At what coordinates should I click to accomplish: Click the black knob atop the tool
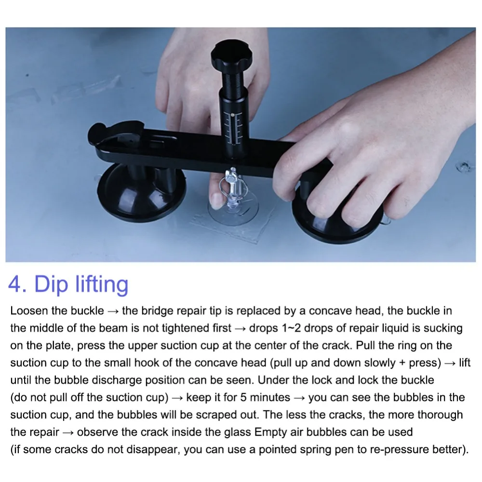[231, 56]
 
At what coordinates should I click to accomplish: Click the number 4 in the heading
[14, 284]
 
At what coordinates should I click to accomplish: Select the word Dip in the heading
[51, 284]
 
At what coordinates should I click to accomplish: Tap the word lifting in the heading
[102, 284]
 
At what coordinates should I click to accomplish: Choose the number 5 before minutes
[243, 398]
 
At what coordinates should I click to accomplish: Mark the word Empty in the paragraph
[270, 432]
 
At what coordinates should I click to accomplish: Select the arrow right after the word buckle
[113, 311]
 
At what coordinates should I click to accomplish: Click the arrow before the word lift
[450, 363]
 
